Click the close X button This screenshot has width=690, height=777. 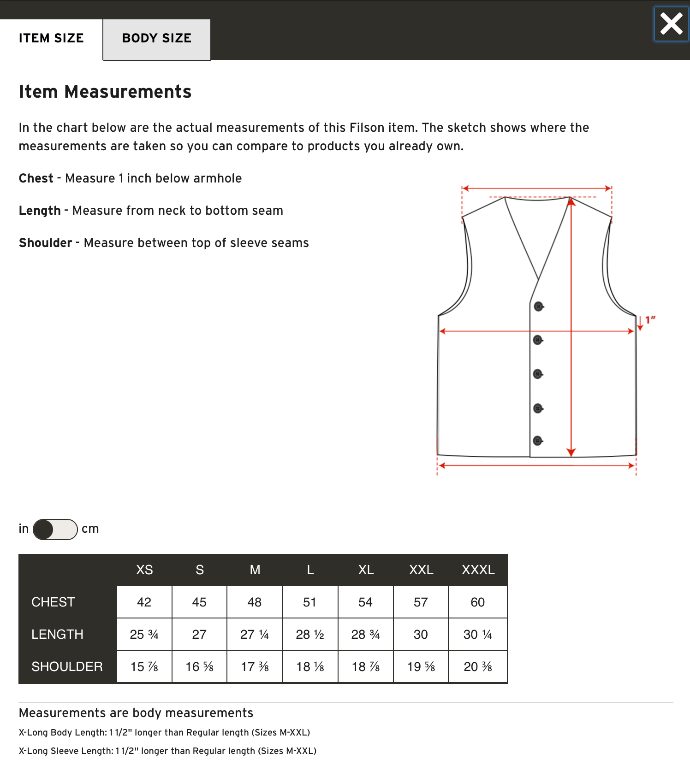(671, 24)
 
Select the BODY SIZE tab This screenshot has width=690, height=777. (156, 39)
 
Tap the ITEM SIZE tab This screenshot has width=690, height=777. (51, 39)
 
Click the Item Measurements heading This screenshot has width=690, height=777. (105, 92)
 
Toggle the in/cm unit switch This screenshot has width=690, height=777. (55, 529)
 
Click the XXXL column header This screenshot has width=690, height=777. (478, 570)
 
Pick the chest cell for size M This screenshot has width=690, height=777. (255, 602)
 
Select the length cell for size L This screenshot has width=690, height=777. (310, 635)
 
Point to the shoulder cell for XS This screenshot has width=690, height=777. (144, 667)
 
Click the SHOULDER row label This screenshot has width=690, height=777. (67, 667)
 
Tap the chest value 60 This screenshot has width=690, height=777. (477, 602)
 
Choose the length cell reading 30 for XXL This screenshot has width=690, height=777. (421, 635)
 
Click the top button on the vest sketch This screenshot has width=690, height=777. (538, 306)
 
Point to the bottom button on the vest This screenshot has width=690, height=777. (537, 441)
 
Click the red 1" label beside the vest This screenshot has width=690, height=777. (650, 320)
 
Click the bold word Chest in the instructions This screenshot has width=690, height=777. (36, 178)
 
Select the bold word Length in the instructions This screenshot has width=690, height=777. (40, 211)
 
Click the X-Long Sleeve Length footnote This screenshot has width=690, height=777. (167, 751)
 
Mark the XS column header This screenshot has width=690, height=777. (144, 570)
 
